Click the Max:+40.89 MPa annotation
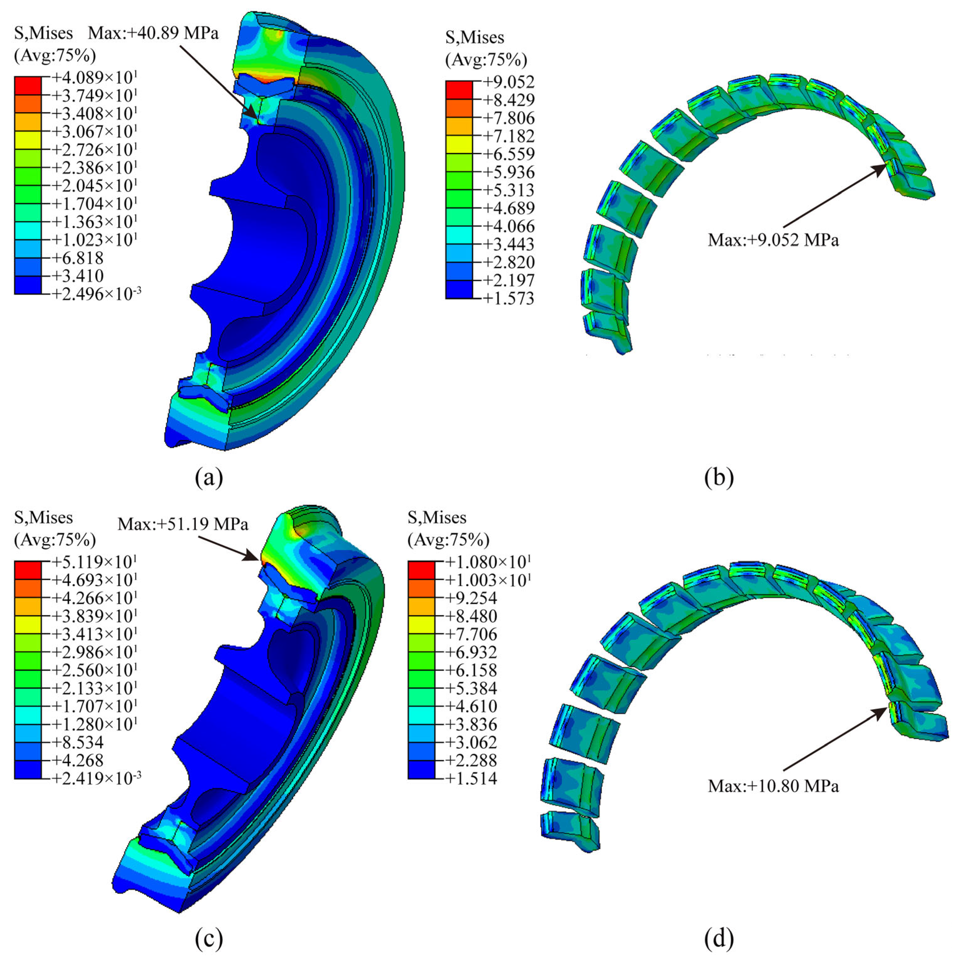pos(153,33)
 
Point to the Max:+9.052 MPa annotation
pos(773,240)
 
